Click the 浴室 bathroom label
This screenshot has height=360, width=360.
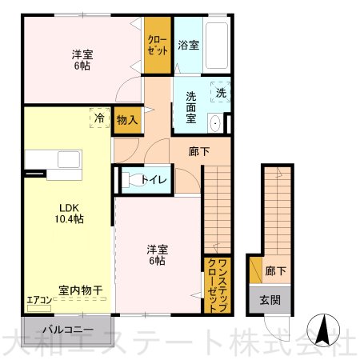click(189, 45)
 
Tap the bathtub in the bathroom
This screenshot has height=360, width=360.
click(217, 46)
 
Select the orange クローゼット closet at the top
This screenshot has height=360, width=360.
click(158, 45)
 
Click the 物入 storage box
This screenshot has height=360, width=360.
click(128, 120)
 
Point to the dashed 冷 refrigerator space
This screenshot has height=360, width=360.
click(100, 118)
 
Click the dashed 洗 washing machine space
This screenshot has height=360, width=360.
click(221, 92)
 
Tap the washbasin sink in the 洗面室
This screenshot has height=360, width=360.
click(215, 123)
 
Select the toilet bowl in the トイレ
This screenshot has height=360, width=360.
click(133, 179)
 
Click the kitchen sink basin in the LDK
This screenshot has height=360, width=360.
click(69, 159)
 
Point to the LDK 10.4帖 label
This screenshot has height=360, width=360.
click(69, 214)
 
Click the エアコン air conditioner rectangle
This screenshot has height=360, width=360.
click(39, 309)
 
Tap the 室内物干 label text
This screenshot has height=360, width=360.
click(81, 290)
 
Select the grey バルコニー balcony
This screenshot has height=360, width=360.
click(67, 330)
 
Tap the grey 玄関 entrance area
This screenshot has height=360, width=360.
click(270, 300)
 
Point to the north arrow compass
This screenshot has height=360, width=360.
click(323, 330)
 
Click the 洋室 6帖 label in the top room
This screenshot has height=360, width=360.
click(82, 60)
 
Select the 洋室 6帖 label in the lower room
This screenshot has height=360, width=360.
click(158, 255)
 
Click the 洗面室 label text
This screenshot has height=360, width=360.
click(191, 107)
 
